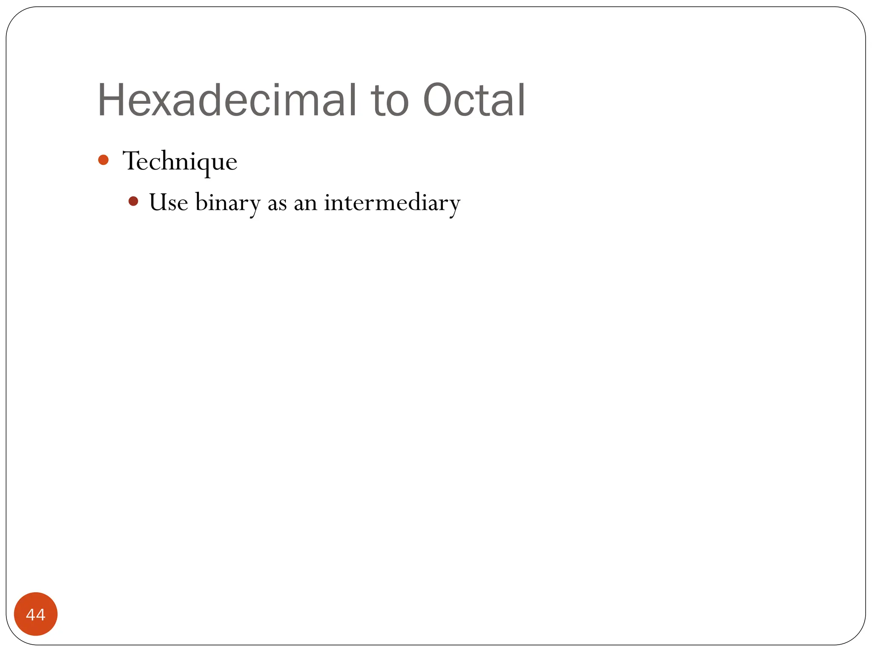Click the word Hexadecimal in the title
click(227, 100)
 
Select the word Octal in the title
click(474, 100)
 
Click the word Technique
click(180, 162)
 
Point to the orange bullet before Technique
click(103, 160)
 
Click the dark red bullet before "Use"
click(133, 201)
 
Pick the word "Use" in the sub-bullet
click(168, 202)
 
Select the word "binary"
click(228, 203)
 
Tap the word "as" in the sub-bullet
click(277, 204)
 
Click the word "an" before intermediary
click(305, 204)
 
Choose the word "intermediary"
click(392, 203)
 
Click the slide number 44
click(36, 614)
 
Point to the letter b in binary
click(201, 201)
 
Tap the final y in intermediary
click(454, 206)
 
